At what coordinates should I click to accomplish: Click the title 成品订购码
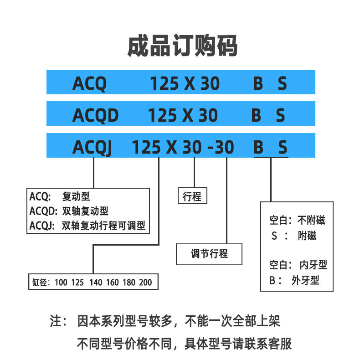(183, 46)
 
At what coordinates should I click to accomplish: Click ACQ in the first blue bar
(89, 83)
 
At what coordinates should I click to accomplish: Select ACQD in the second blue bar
(96, 115)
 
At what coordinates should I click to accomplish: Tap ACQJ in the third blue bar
(93, 147)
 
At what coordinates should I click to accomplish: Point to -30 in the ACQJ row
(221, 147)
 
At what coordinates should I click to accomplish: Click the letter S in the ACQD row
(281, 115)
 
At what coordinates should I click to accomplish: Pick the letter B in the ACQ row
(258, 83)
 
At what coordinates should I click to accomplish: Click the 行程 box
(192, 196)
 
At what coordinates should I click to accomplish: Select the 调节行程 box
(209, 254)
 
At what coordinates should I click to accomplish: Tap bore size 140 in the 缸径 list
(96, 283)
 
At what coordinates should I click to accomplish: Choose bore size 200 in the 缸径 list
(145, 283)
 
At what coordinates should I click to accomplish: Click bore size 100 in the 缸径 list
(61, 283)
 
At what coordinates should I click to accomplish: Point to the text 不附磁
(311, 220)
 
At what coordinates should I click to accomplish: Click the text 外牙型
(305, 280)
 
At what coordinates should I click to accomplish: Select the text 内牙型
(314, 265)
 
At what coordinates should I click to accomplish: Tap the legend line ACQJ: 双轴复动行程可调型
(87, 226)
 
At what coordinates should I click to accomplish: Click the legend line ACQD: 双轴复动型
(69, 211)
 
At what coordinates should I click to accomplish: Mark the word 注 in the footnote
(56, 321)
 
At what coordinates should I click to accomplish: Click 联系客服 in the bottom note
(268, 344)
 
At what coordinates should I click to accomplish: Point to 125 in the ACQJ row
(146, 147)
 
